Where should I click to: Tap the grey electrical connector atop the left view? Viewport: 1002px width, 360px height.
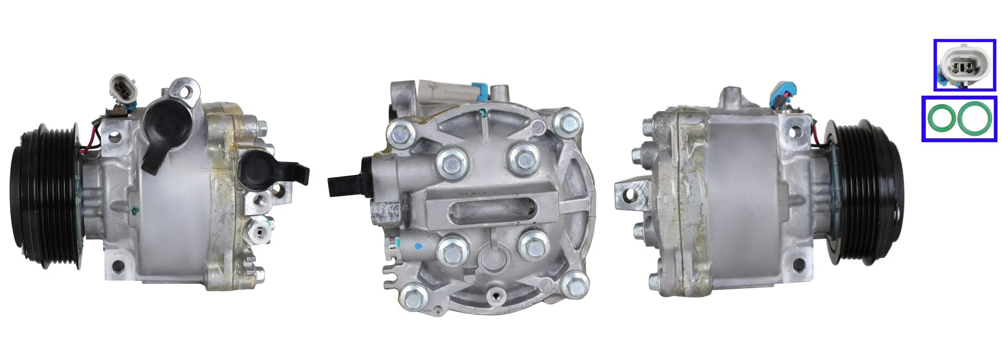coord(122,87)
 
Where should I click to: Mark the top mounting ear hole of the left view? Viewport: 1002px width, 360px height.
coord(185,91)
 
